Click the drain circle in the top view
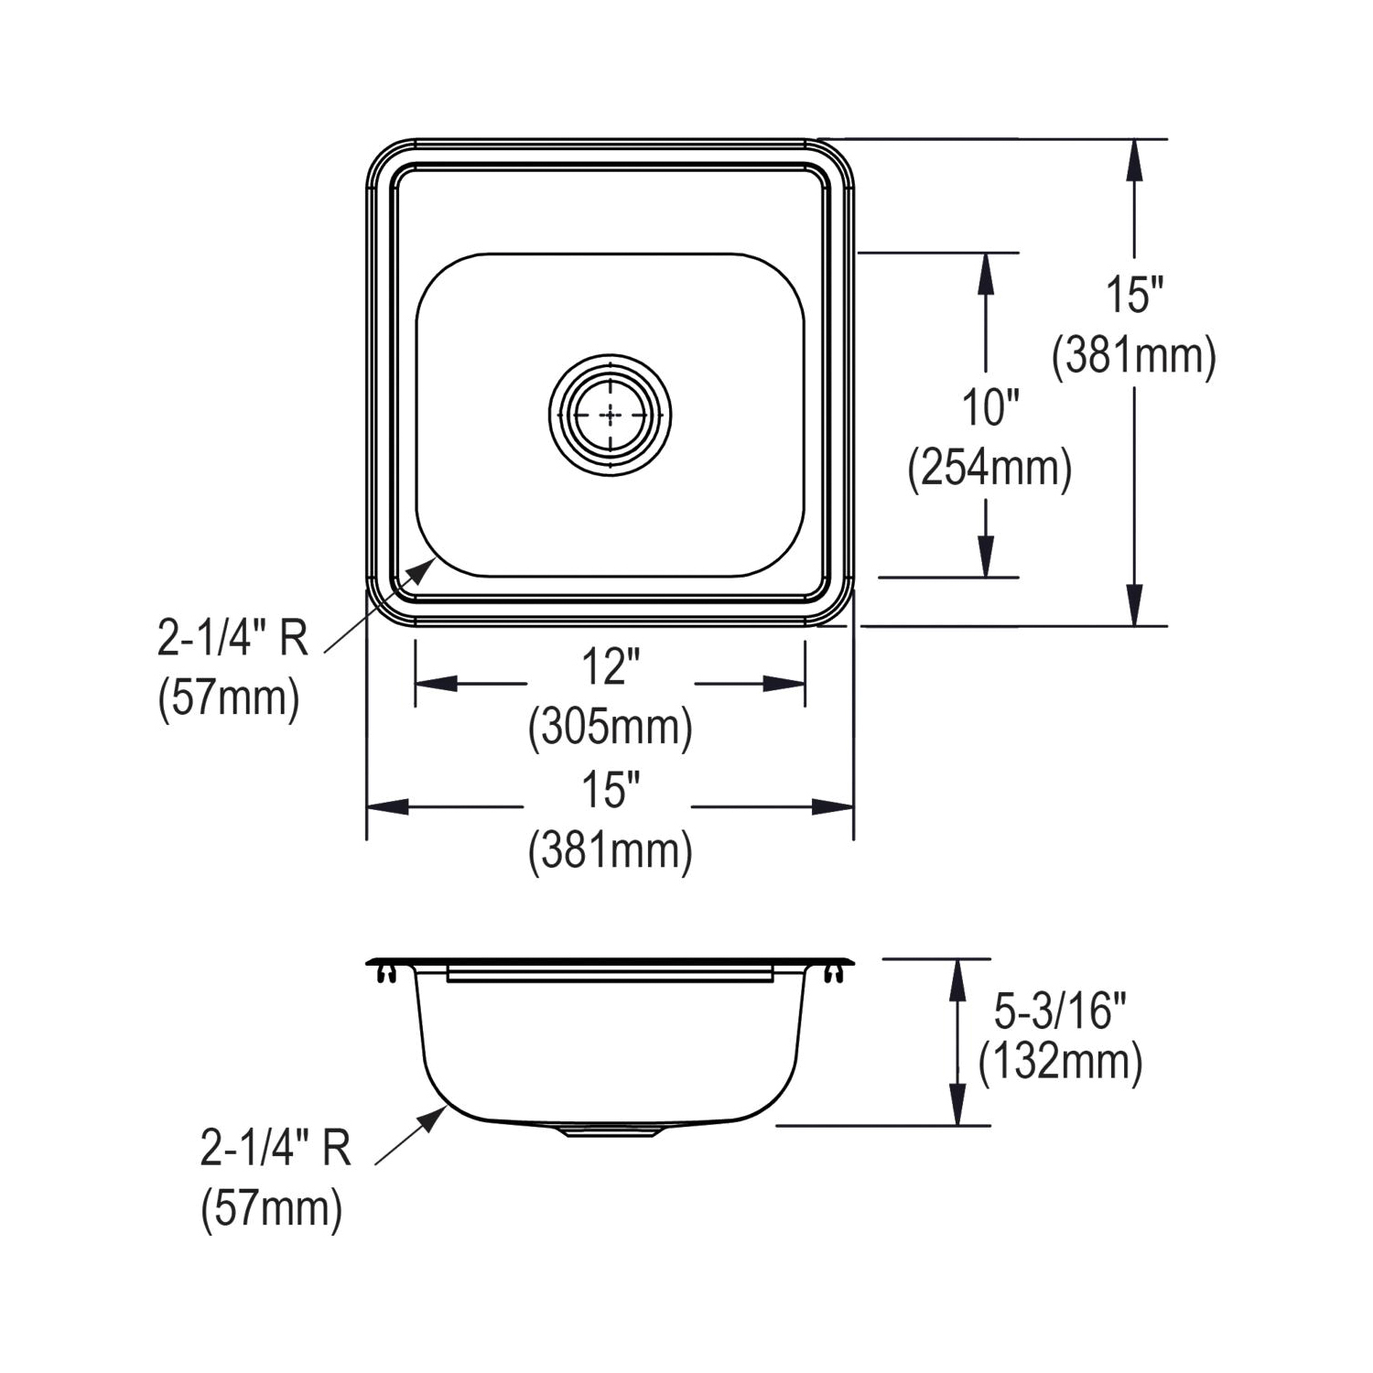pos(611,354)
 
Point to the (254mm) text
pos(989,469)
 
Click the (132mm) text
pos(1060,1063)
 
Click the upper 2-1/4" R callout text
pos(233,639)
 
